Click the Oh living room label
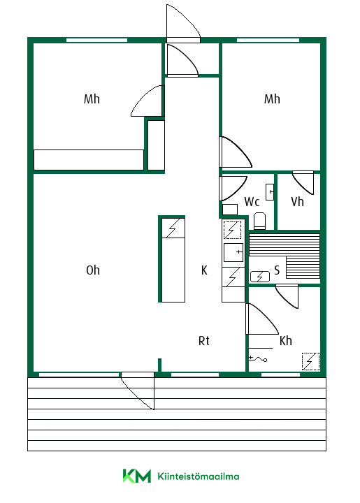coord(93,270)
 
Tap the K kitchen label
coord(204,270)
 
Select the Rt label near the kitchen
coord(203,341)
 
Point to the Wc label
coord(252,202)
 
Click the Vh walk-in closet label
coord(297,202)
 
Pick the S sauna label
coord(277,270)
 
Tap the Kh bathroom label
coord(286,341)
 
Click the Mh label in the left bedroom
coord(92,99)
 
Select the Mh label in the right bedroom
coord(272,99)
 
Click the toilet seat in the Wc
coord(259,221)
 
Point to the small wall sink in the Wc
coord(270,192)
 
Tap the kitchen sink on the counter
coord(233,252)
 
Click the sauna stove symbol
coord(260,277)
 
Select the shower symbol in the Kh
coord(258,358)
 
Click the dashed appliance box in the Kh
coord(310,362)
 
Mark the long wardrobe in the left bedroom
coord(89,160)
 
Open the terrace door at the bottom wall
coord(138,391)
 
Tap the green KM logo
coord(137,476)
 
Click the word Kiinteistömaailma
coord(199,476)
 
